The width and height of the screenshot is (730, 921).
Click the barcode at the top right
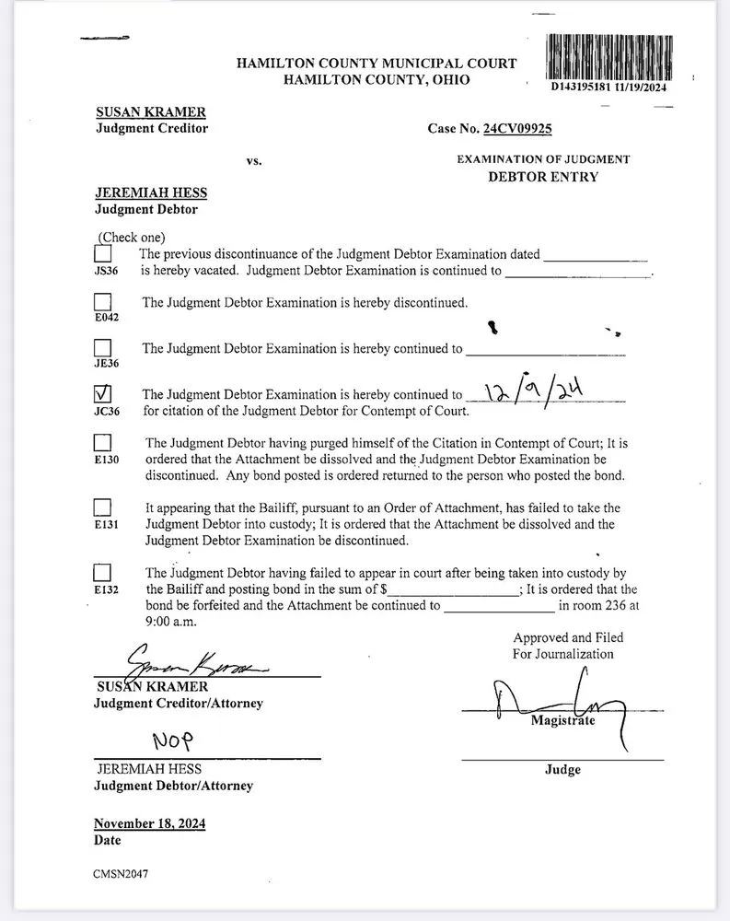608,56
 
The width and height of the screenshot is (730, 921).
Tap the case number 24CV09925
517,129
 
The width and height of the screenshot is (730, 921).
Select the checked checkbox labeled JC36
103,393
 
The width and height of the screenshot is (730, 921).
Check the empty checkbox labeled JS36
103,253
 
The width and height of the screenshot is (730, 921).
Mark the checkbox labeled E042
103,302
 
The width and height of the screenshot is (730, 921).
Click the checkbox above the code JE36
103,348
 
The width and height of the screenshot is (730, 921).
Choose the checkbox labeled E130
103,442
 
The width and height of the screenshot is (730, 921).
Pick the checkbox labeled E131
103,507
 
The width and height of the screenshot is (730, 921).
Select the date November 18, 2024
149,823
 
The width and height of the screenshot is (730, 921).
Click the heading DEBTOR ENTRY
542,177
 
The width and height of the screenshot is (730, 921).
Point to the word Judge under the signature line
562,769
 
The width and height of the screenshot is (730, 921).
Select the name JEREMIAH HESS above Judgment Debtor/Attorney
148,768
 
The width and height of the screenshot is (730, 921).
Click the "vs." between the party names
254,161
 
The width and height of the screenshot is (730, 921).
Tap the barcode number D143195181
584,87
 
